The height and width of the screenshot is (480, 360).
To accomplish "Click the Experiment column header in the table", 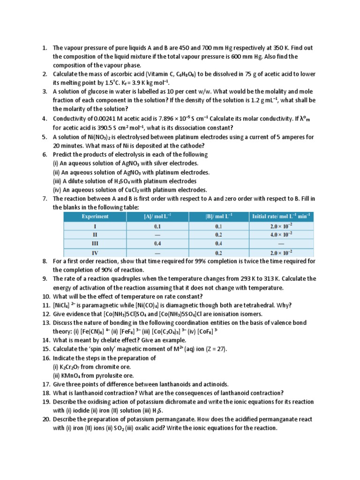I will pyautogui.click(x=95, y=216).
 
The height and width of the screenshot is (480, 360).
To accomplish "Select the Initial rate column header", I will pyautogui.click(x=281, y=216).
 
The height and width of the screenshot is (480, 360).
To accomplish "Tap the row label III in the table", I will pyautogui.click(x=95, y=243).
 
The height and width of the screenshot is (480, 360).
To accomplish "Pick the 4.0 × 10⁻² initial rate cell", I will pyautogui.click(x=281, y=234).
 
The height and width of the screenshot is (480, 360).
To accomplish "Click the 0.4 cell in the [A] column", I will pyautogui.click(x=157, y=243).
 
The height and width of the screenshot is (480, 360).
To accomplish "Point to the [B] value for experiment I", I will pyautogui.click(x=218, y=225).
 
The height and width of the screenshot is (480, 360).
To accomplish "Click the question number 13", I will pyautogui.click(x=46, y=323).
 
